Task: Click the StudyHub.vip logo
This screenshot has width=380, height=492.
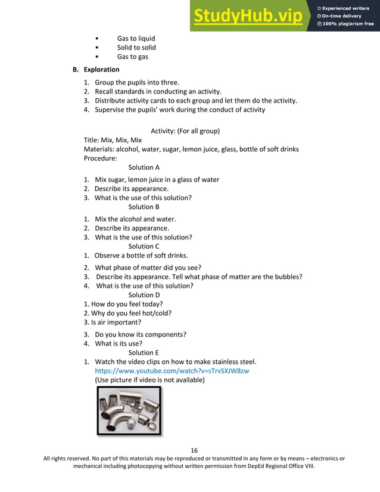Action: click(247, 16)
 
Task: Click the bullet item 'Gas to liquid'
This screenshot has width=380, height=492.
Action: click(136, 39)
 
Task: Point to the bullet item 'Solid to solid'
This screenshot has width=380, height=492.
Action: click(136, 48)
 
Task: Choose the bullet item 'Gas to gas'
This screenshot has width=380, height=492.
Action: click(132, 57)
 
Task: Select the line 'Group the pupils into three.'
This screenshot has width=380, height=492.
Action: click(136, 82)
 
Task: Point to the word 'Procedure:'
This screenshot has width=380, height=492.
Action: click(101, 158)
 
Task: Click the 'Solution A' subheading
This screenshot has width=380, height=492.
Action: click(144, 168)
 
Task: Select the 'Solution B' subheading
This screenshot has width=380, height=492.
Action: click(144, 207)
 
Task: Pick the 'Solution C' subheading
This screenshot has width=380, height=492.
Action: click(144, 246)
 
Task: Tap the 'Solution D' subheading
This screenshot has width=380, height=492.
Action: click(144, 295)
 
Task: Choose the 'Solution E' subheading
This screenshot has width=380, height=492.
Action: click(144, 352)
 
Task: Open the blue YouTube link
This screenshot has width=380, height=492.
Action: click(172, 370)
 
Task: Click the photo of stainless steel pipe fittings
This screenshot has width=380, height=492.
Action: click(129, 412)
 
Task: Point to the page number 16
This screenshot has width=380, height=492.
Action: click(194, 450)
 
